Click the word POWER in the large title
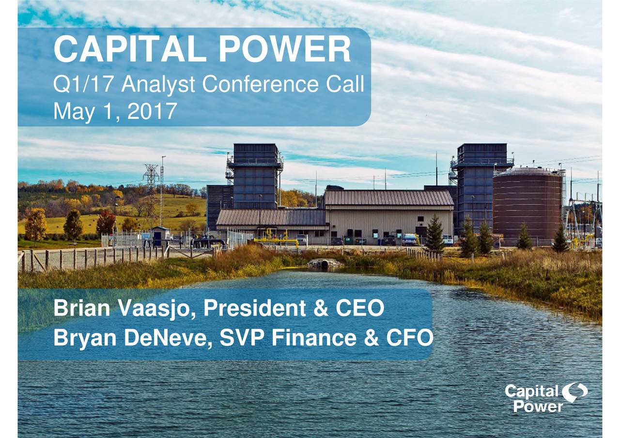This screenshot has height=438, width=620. click(284, 49)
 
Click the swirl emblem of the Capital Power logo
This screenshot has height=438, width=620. click(574, 392)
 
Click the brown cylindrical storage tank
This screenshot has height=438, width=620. click(527, 204)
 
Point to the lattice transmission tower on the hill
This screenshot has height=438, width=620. click(151, 189)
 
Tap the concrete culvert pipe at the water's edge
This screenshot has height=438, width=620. click(325, 263)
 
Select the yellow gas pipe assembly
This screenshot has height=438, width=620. click(277, 239)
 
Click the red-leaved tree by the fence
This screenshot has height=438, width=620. click(105, 223)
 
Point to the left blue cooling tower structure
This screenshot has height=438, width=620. click(255, 177)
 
